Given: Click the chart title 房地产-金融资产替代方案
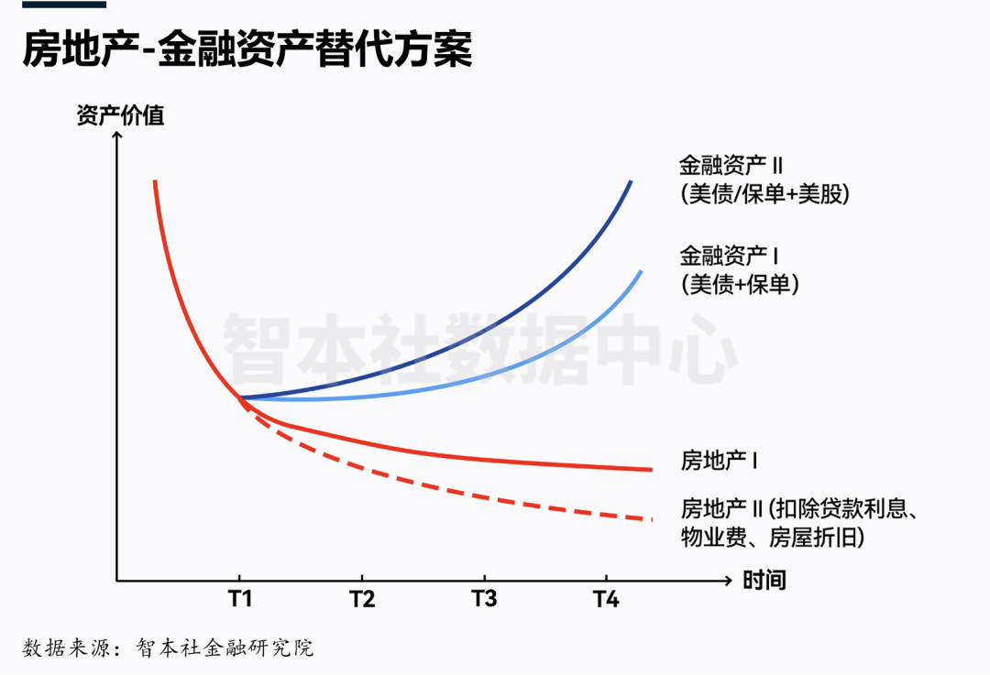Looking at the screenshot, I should [x=247, y=49].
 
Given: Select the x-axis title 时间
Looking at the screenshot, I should [x=764, y=580].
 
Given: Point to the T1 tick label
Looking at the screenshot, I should [x=239, y=600].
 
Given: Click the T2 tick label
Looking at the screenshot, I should [x=362, y=600].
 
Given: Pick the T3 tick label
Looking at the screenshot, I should [x=484, y=600].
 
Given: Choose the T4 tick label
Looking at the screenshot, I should [x=606, y=600].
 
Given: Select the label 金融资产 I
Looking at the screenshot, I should [x=728, y=255].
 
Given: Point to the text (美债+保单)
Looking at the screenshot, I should [x=742, y=285].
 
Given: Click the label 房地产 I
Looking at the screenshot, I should [x=719, y=461].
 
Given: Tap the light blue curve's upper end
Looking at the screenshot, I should [x=641, y=272].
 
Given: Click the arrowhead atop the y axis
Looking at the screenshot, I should [x=116, y=137].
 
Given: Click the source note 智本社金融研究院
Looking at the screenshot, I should [x=225, y=648].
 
